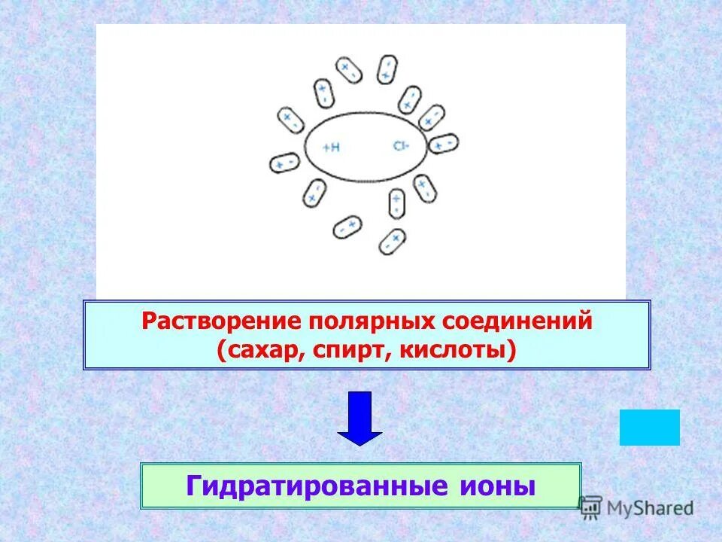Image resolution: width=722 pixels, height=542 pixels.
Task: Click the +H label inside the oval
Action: pyautogui.click(x=331, y=148)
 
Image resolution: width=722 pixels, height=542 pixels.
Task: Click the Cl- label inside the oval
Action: pyautogui.click(x=399, y=146)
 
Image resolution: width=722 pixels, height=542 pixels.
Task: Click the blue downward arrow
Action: pyautogui.click(x=359, y=418)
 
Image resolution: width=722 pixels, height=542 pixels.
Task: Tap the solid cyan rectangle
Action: pyautogui.click(x=649, y=428)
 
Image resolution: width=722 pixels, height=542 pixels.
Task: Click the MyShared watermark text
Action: pyautogui.click(x=651, y=508)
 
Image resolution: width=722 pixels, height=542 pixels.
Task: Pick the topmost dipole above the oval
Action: pyautogui.click(x=387, y=69)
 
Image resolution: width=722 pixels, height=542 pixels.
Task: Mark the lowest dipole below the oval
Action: pyautogui.click(x=391, y=241)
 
